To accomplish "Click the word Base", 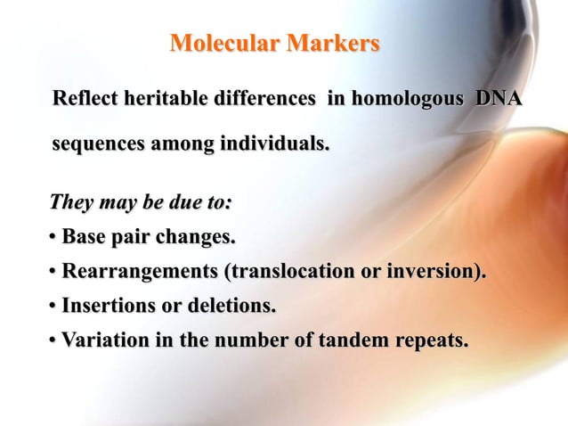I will pos(82,238).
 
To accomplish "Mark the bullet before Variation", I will pos(53,340).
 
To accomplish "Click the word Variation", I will pos(101,340).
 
